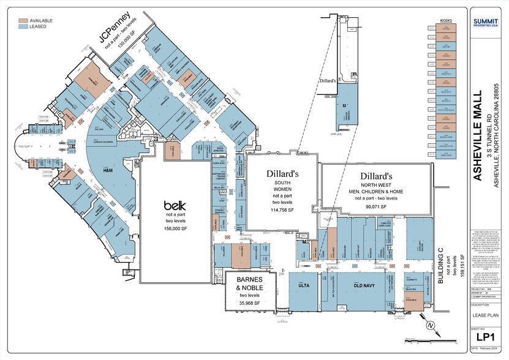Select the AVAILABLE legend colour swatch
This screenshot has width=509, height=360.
pyautogui.click(x=23, y=20)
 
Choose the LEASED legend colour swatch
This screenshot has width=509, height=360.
pyautogui.click(x=23, y=27)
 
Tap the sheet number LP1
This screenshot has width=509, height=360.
pyautogui.click(x=486, y=336)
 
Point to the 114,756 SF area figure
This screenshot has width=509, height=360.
pyautogui.click(x=279, y=210)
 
